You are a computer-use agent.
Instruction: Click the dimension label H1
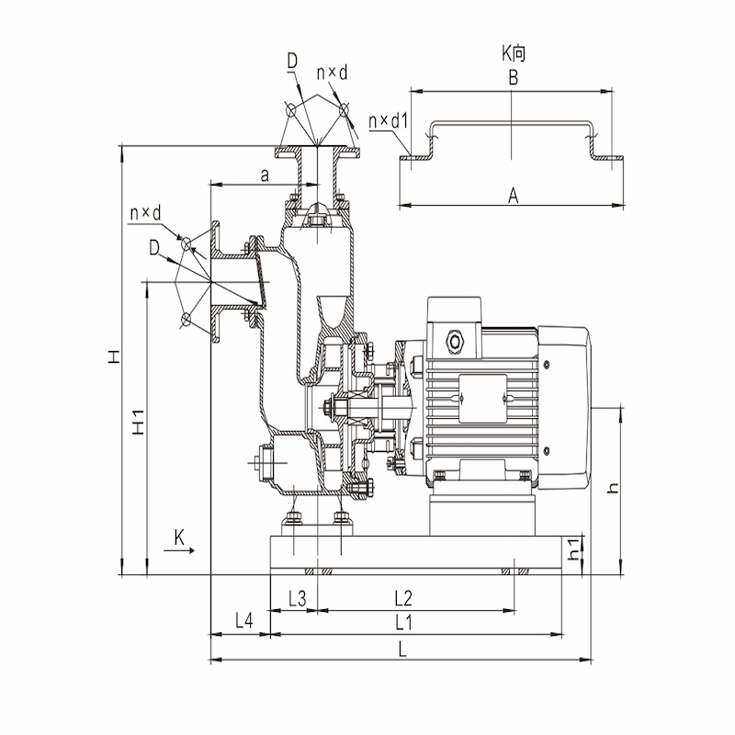coord(139,422)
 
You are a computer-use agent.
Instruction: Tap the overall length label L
coord(402,650)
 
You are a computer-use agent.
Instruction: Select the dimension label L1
coord(403,623)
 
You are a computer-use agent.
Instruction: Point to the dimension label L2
coord(403,599)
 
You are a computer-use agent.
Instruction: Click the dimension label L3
coord(297,599)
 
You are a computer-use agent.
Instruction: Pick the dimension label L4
coord(243,621)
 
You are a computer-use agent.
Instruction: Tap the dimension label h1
coord(574,548)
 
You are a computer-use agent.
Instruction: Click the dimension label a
coord(265,175)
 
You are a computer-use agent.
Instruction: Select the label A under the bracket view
coord(514,196)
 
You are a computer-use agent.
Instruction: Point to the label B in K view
coord(514,77)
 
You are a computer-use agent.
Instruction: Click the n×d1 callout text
coord(388,121)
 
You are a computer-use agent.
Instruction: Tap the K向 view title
coord(514,53)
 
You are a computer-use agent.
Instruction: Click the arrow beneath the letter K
coord(179,550)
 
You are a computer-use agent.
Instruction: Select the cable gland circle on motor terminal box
coord(454,342)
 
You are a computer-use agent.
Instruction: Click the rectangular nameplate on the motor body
coord(483,399)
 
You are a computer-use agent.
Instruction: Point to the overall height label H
coord(114,356)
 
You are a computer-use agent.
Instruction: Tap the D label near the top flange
coord(292,61)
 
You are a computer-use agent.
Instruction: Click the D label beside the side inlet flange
coord(154,247)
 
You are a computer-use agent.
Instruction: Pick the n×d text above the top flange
coord(332,73)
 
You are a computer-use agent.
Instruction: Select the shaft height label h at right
coord(613,488)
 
